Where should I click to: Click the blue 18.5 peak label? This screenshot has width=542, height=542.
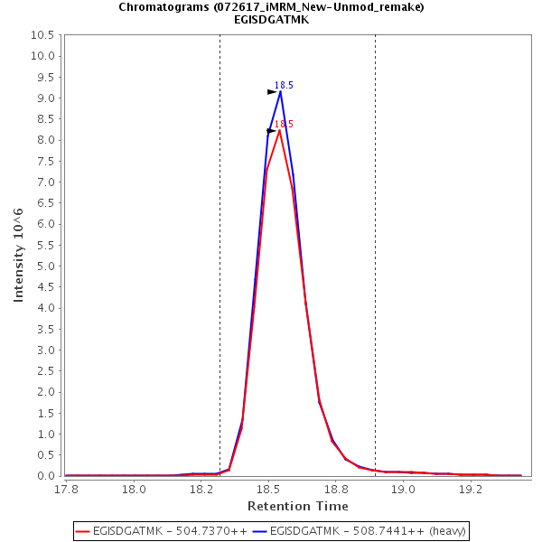(284, 85)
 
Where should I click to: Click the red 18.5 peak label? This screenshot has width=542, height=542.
(284, 125)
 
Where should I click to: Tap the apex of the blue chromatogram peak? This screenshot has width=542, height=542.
(280, 91)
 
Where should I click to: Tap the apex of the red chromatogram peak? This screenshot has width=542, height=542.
(280, 130)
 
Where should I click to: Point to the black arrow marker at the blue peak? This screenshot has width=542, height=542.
(272, 92)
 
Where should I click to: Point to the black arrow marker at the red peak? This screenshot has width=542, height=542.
(272, 131)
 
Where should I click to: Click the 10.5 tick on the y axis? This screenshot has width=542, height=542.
(48, 35)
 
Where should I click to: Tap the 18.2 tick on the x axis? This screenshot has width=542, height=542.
(201, 489)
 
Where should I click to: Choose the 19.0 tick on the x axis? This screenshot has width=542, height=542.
(402, 489)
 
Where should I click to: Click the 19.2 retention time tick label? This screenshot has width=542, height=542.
(470, 489)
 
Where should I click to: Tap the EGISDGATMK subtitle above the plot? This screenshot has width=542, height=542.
(271, 19)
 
